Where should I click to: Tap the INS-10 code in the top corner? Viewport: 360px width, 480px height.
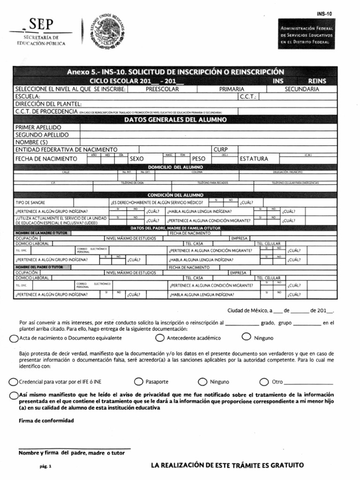point(324,14)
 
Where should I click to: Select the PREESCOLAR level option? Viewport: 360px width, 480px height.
point(162,89)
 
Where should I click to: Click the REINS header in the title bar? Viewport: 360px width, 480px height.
point(317,81)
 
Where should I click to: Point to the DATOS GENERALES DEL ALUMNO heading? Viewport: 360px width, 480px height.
point(175,120)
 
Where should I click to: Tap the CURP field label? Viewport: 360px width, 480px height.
point(220,150)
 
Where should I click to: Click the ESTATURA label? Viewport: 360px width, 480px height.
point(254,159)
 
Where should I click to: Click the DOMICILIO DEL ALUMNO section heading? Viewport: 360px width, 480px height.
point(175,167)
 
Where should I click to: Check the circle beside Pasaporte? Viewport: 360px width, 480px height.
point(138,382)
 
